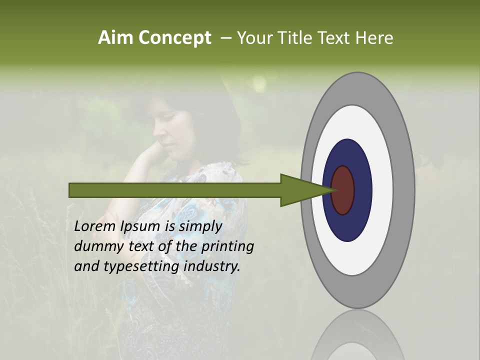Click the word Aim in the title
(x=116, y=38)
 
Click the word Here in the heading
(x=374, y=38)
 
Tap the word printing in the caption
(x=227, y=246)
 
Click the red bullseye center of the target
(x=343, y=190)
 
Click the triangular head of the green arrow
(x=300, y=190)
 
